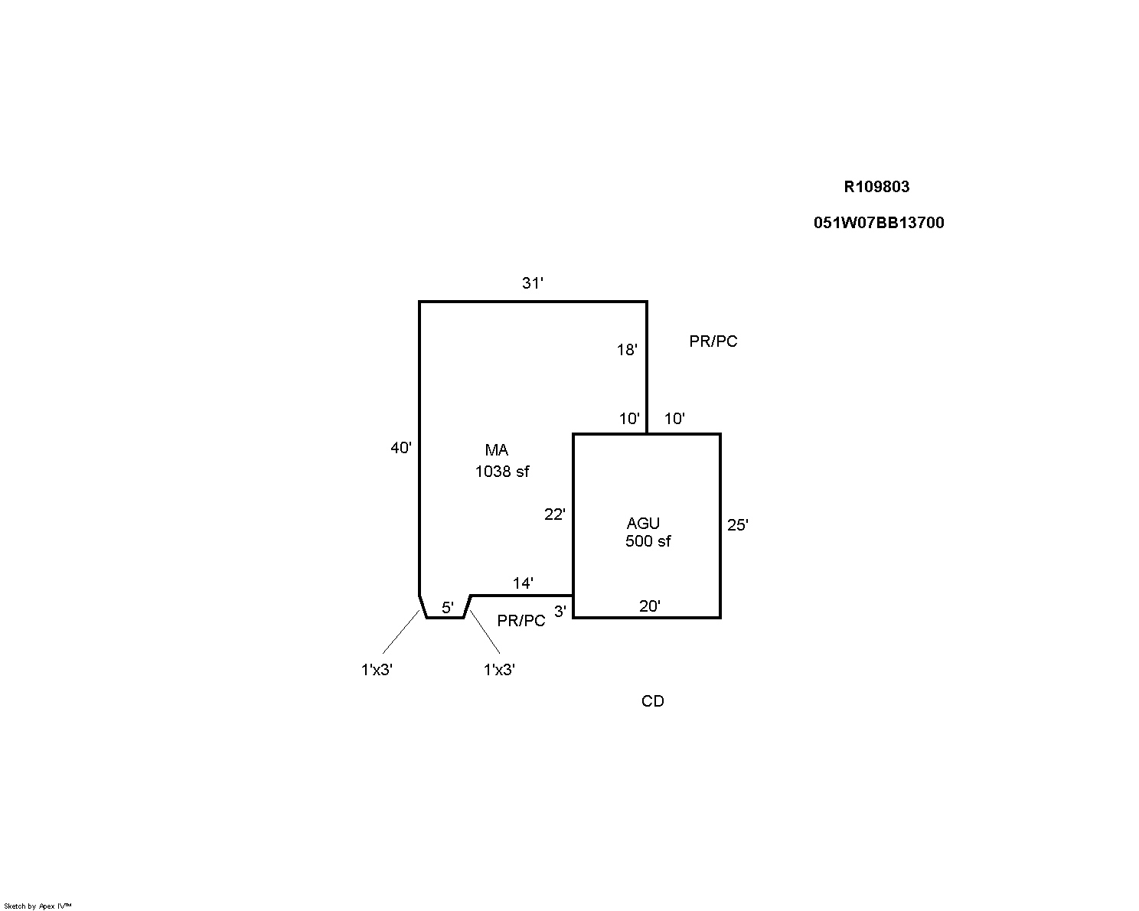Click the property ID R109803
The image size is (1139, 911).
[876, 187]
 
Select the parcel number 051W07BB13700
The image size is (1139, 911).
[879, 223]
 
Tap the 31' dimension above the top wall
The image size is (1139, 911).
[533, 283]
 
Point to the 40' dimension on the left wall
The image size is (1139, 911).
[400, 448]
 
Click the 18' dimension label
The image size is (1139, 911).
[627, 350]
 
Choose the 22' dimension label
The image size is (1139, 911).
[555, 514]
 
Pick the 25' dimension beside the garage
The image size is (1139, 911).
[737, 524]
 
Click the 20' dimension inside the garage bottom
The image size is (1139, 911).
[649, 606]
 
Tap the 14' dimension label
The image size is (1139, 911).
[522, 583]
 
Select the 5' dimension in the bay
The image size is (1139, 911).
[447, 608]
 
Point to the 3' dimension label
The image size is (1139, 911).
[560, 612]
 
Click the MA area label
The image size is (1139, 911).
[497, 450]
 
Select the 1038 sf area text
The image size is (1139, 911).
[501, 471]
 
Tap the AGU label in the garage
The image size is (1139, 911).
[643, 523]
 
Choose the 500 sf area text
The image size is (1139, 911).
[648, 541]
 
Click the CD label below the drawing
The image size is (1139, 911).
[653, 700]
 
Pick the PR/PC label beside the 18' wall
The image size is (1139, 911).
[713, 341]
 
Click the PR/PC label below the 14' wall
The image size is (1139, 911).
[521, 620]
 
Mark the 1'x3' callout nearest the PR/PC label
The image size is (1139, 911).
[499, 670]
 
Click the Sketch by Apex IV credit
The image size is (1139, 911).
[38, 906]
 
